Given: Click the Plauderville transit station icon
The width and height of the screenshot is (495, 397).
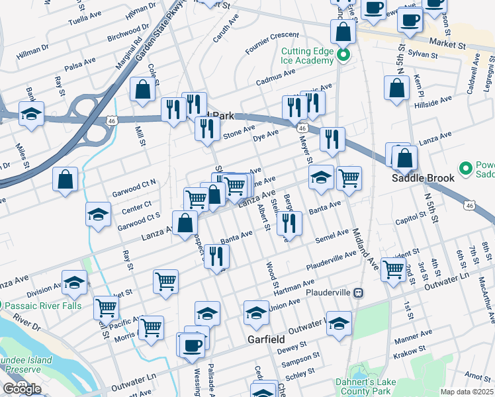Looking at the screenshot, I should [358, 292].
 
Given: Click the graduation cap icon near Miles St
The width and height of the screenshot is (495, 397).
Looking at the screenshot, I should [31, 114].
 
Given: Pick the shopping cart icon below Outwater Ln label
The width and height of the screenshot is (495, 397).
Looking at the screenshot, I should [394, 269].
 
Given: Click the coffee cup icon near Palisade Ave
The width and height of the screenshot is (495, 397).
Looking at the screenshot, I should [193, 345].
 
